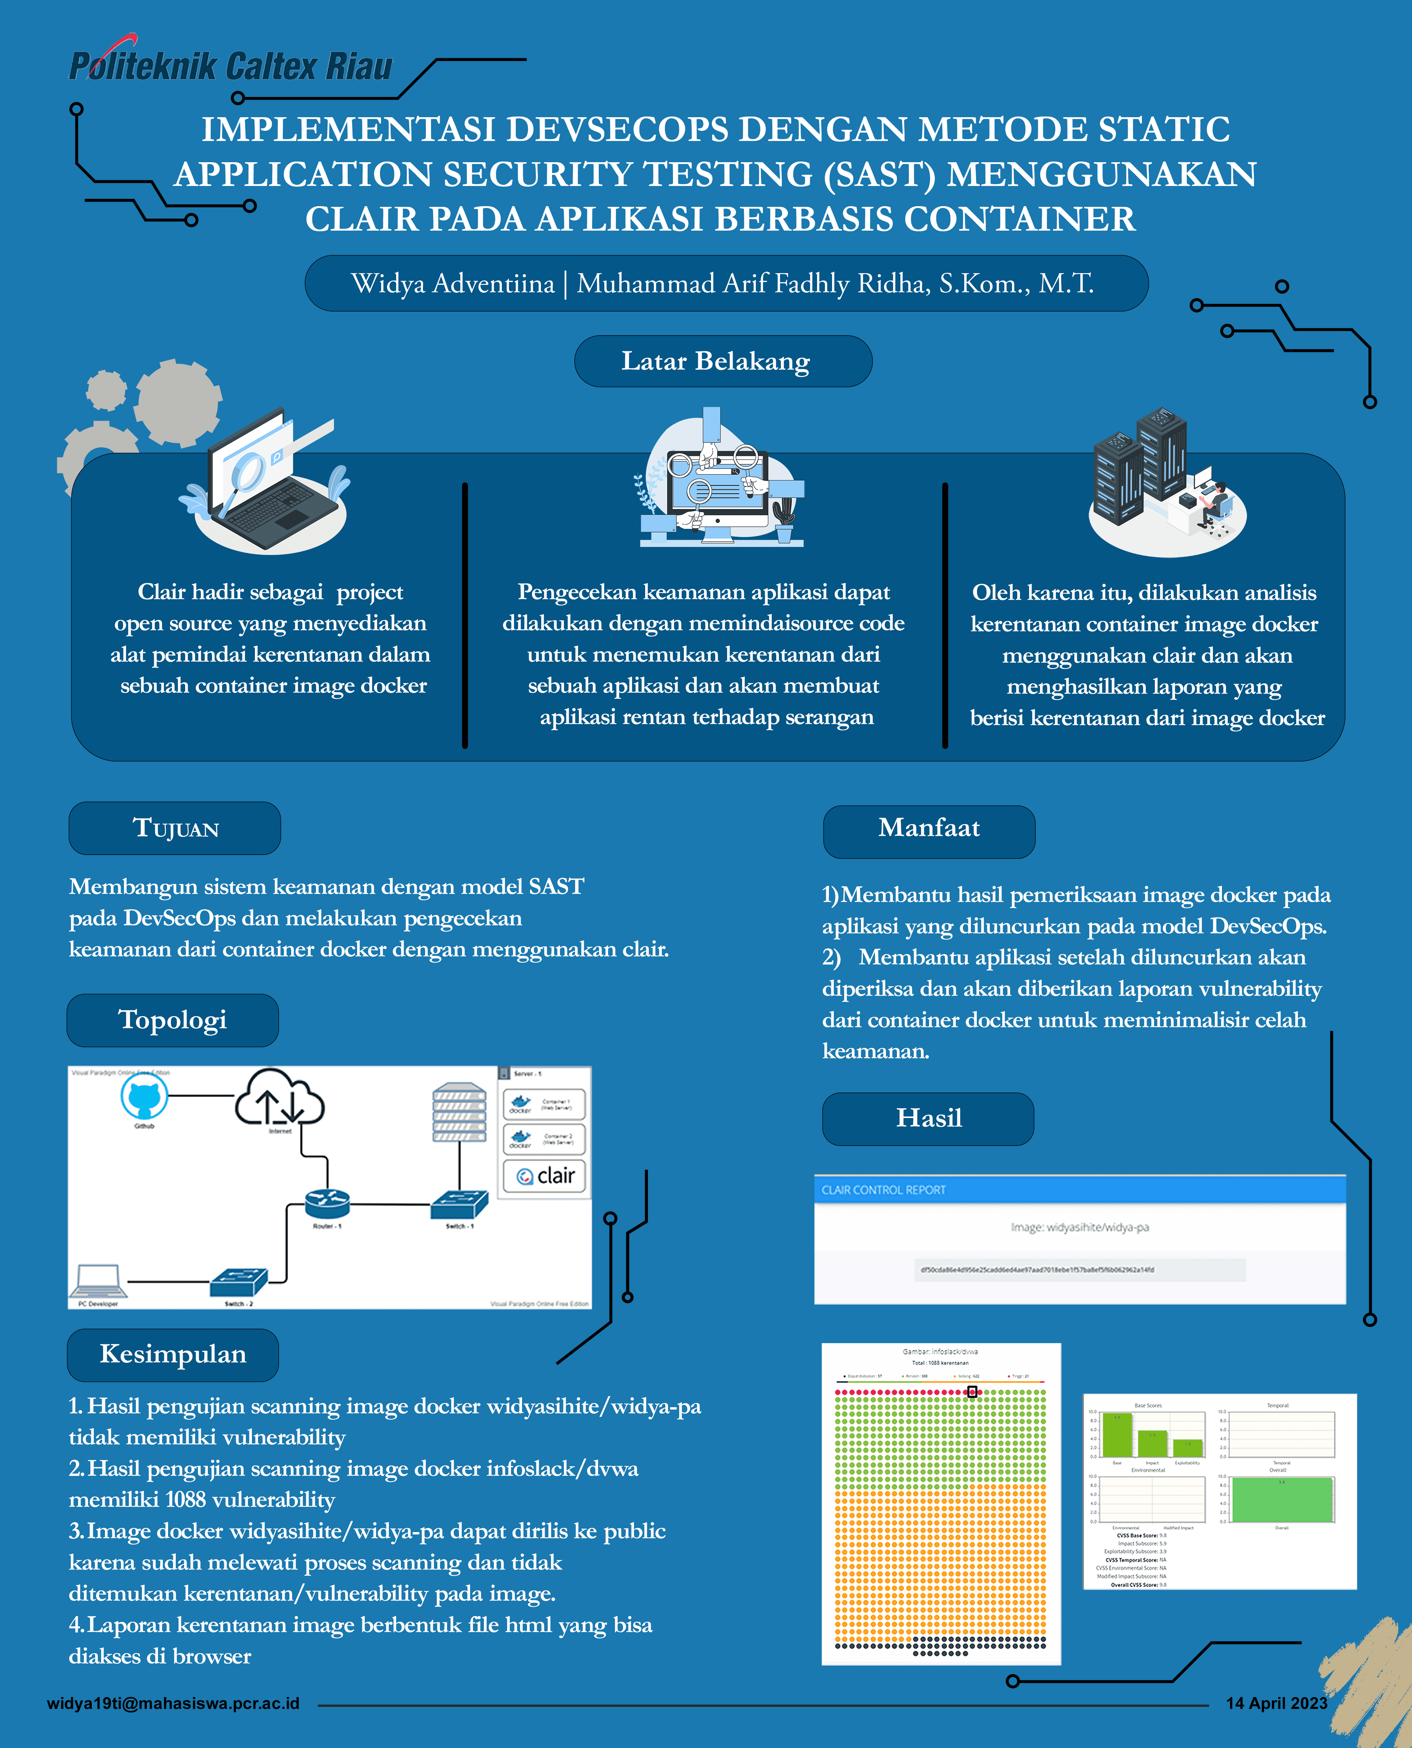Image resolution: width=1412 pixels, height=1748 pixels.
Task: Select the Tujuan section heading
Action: [175, 828]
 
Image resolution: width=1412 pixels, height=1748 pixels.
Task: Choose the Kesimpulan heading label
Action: [172, 1354]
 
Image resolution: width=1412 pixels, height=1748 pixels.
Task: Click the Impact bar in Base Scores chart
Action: [1152, 1444]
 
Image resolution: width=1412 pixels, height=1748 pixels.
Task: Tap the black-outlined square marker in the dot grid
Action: [972, 1392]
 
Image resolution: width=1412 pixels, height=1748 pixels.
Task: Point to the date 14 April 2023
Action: [1276, 1703]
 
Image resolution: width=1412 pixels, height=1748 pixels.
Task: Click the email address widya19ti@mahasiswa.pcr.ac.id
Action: [173, 1703]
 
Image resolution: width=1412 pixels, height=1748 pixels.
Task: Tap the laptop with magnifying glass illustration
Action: [264, 484]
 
